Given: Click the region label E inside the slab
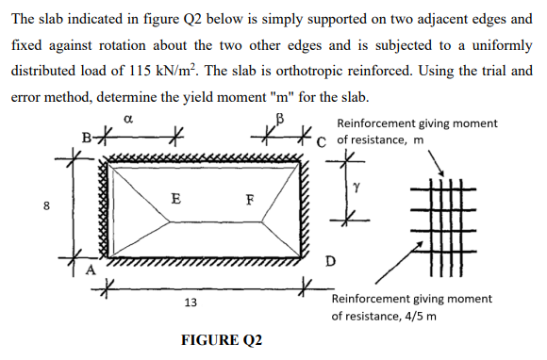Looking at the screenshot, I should [x=176, y=199].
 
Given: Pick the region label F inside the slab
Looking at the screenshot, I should [x=249, y=199].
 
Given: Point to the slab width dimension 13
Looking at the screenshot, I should [x=191, y=302].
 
